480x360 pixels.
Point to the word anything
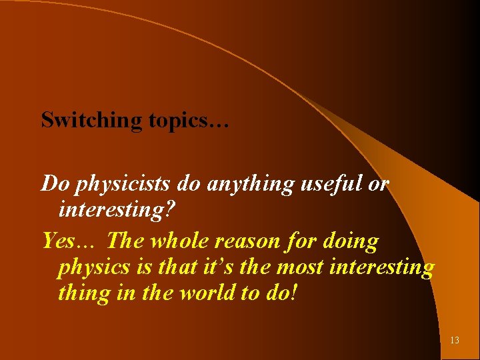point(249,185)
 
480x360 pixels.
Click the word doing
point(350,240)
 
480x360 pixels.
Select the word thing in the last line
point(85,293)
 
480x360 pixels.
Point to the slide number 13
point(455,341)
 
